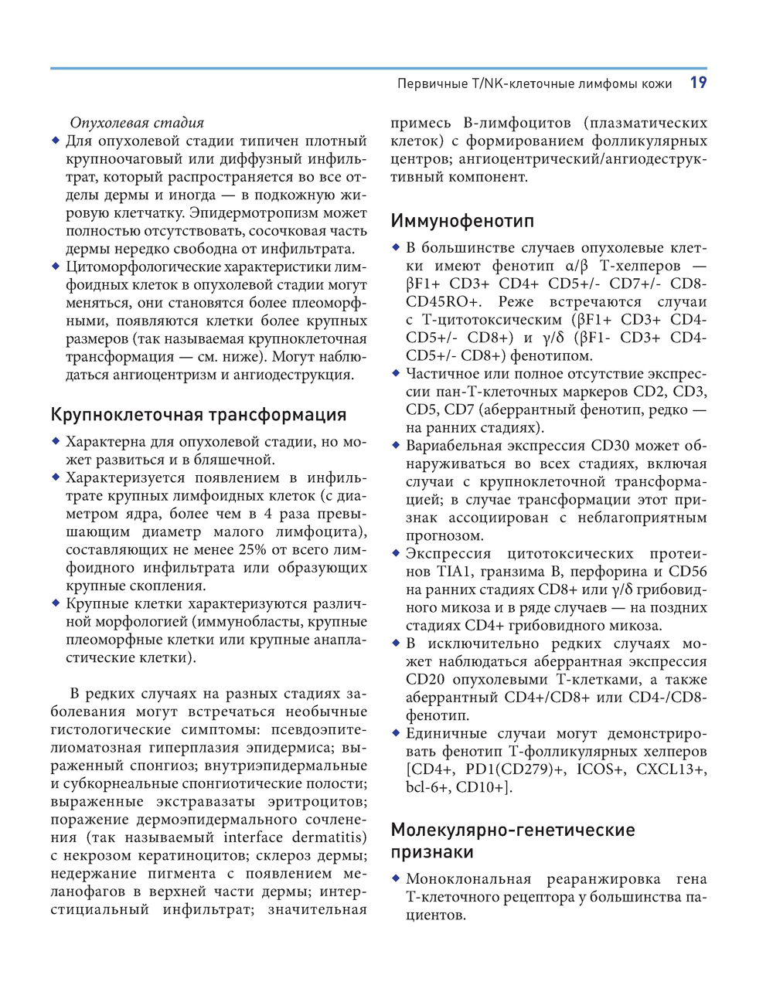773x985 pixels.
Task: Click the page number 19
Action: (x=698, y=83)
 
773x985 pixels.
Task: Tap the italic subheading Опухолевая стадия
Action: (x=137, y=122)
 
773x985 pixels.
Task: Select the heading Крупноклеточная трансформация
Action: (x=199, y=414)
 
